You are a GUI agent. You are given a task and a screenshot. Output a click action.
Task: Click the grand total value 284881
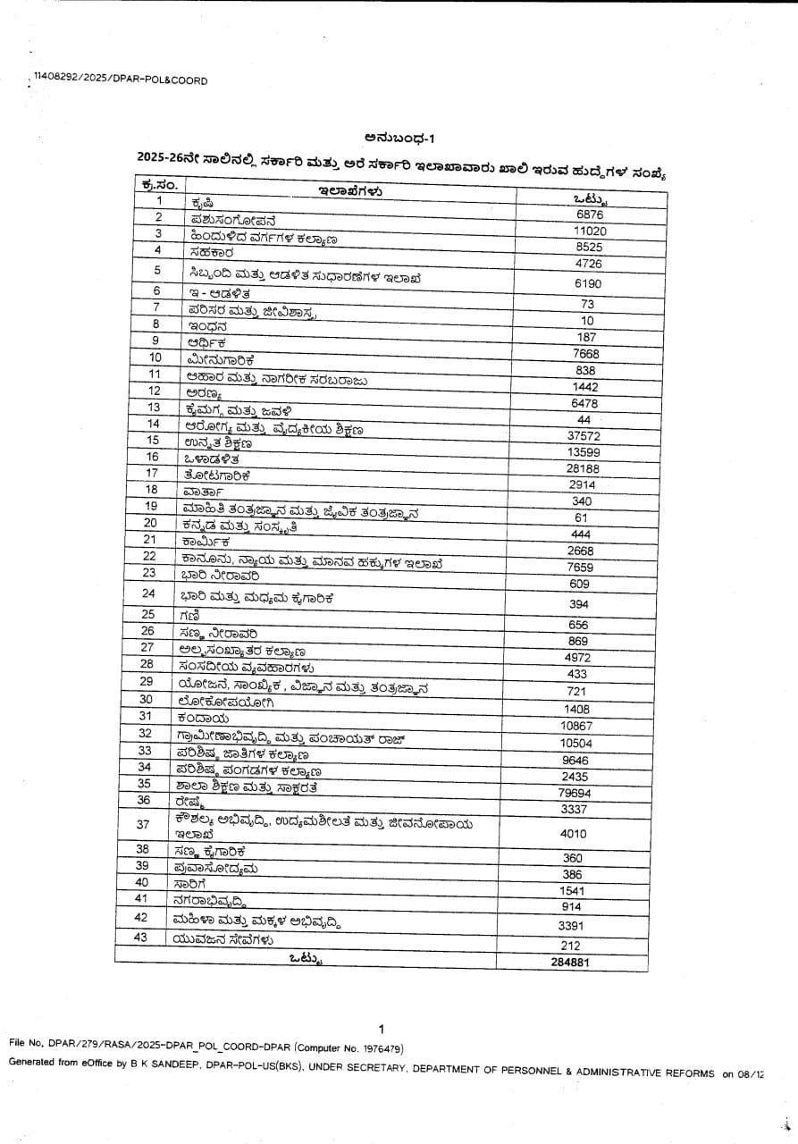pos(570,963)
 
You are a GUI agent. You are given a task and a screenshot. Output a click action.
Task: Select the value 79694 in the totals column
pos(575,793)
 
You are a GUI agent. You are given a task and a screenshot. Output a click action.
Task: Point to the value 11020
pos(590,231)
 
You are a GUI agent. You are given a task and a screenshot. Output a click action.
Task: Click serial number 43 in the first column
pos(141,938)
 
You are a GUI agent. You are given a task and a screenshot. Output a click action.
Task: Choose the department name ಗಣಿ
pos(189,616)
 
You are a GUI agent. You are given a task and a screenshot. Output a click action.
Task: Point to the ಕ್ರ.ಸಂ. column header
pos(159,184)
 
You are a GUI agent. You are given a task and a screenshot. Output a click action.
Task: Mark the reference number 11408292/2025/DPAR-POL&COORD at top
pos(120,80)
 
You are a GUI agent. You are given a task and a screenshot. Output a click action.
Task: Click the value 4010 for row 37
pos(572,833)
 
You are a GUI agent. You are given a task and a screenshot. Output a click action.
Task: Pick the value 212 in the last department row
pos(569,946)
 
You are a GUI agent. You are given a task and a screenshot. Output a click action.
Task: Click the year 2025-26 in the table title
pos(164,156)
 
